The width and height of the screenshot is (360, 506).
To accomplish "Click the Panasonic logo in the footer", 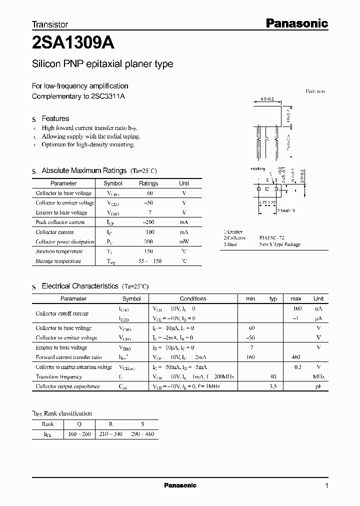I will pos(180,485).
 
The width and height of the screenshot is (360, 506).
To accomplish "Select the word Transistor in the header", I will pos(50,24).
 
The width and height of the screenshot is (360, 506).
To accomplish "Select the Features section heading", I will pos(55,118).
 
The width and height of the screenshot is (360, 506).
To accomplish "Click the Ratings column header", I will pos(148,183).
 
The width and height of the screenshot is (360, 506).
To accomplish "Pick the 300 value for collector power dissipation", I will pos(148,241).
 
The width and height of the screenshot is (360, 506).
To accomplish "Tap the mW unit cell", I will pos(184,241).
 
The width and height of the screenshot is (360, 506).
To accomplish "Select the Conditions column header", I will pos(193,298).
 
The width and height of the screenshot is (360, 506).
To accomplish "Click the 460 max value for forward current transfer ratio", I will pos(296,357).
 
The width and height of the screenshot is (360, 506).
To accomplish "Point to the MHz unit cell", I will pos(318,376).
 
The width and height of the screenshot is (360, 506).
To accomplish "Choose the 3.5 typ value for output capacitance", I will pos(273,386).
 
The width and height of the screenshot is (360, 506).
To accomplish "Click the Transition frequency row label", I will pos(58,376).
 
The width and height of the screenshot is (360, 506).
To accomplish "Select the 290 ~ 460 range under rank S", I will pos(142,434).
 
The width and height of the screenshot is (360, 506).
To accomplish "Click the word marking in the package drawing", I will pos(258,169).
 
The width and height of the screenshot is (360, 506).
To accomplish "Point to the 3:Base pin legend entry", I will pos(230,244).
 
